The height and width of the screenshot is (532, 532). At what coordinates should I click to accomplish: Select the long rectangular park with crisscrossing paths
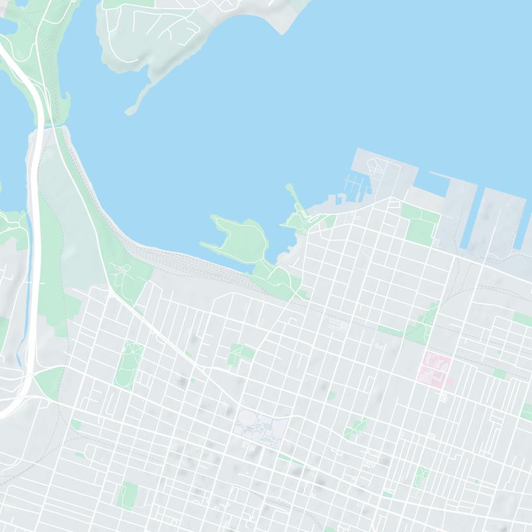129,364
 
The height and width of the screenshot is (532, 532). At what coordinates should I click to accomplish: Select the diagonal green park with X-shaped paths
357,428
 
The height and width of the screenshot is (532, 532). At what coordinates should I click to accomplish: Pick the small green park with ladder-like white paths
421,476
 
